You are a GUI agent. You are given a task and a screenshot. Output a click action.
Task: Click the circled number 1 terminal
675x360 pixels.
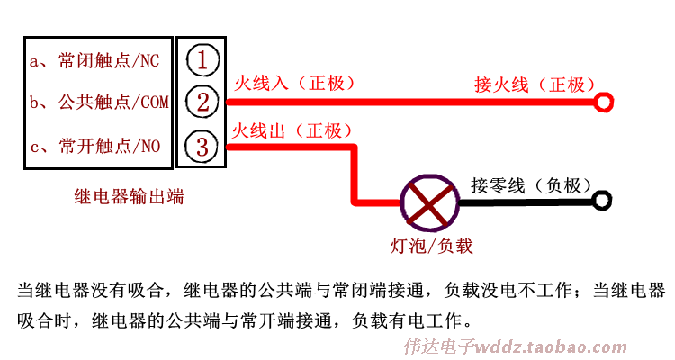(x=203, y=60)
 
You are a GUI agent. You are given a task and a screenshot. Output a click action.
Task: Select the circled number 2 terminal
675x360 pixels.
(x=203, y=102)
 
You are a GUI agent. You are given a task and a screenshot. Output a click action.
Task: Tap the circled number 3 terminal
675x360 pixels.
(x=203, y=147)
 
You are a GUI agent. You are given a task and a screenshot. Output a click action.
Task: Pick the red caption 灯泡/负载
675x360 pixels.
(x=431, y=245)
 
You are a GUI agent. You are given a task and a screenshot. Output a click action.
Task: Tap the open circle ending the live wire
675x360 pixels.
(x=604, y=102)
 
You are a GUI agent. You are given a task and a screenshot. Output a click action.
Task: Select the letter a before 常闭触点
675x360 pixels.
(x=36, y=62)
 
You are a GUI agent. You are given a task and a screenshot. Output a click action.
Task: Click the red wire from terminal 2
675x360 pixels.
(x=405, y=102)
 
